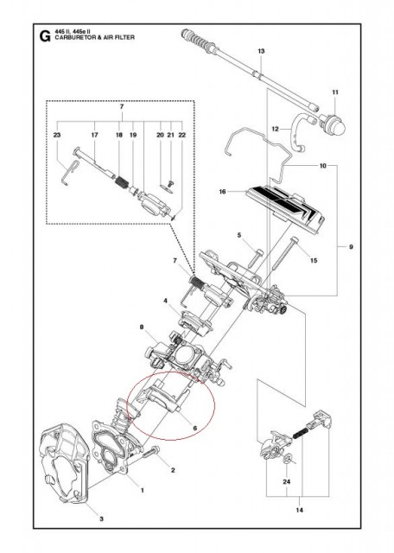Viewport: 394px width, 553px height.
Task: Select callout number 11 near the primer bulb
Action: pyautogui.click(x=336, y=92)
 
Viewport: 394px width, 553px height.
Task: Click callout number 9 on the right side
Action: pyautogui.click(x=351, y=248)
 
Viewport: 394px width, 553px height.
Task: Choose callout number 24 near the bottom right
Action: pyautogui.click(x=286, y=484)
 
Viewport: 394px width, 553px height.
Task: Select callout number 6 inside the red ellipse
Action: pyautogui.click(x=195, y=428)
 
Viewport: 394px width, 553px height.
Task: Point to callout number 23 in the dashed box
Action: pyautogui.click(x=57, y=136)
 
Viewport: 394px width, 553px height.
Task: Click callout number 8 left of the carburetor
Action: pyautogui.click(x=141, y=328)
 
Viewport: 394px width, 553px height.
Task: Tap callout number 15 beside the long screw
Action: pyautogui.click(x=314, y=260)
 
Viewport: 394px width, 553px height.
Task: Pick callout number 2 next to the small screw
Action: pyautogui.click(x=173, y=470)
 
